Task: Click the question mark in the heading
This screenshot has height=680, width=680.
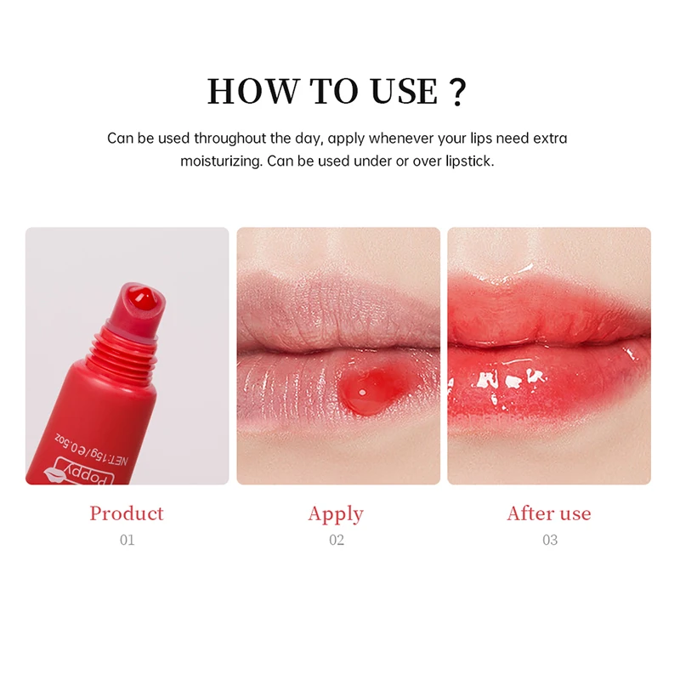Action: (458, 91)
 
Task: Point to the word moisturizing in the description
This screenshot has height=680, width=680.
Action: (219, 161)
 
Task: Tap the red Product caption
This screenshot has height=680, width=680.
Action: (127, 513)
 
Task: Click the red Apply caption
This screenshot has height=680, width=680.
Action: (336, 514)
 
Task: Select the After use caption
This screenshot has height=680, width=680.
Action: (549, 513)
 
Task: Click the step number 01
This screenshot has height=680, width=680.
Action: (127, 540)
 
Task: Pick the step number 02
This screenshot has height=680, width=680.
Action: (337, 540)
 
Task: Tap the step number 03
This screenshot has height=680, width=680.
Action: (550, 540)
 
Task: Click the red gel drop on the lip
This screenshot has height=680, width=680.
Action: (360, 389)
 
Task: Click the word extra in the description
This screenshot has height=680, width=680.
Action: (549, 138)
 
